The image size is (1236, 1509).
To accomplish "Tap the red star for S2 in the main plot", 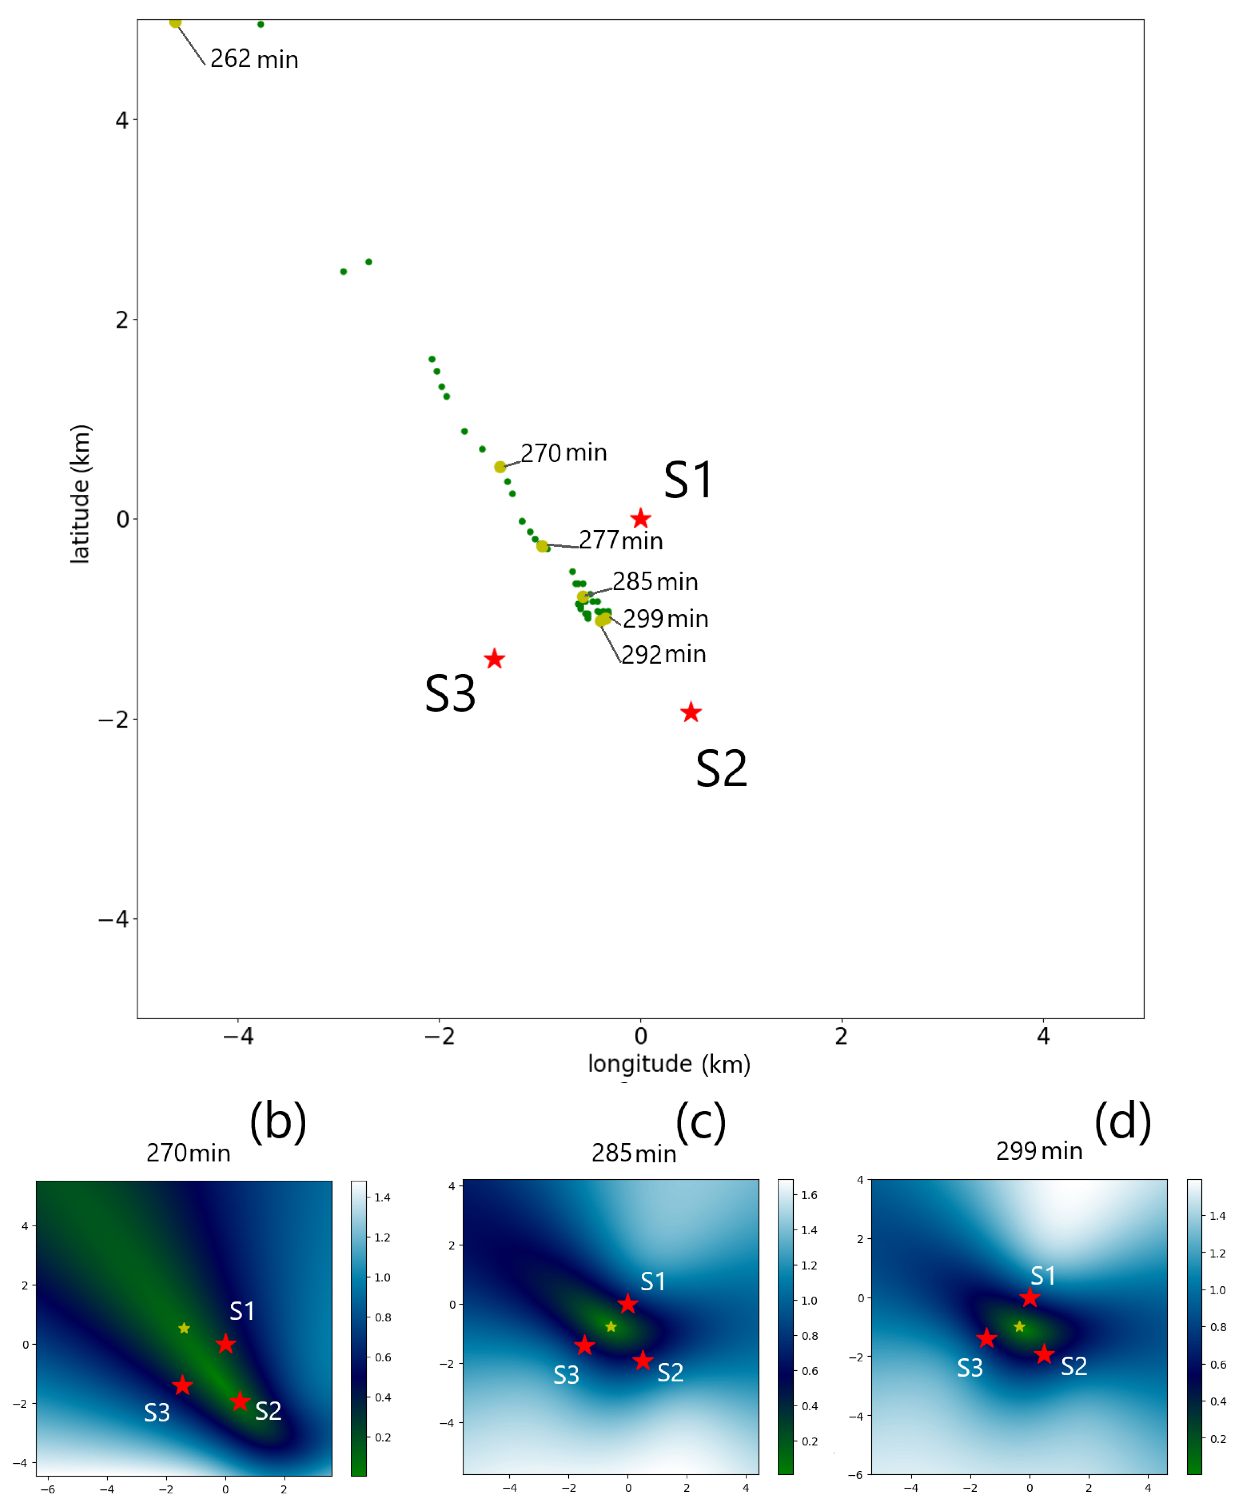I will click(691, 712).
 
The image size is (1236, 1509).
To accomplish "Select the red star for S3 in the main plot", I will click(494, 659).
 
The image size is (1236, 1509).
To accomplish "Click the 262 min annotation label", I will click(254, 59).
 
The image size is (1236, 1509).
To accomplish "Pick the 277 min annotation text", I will click(621, 540).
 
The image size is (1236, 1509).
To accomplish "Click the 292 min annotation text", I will click(664, 654).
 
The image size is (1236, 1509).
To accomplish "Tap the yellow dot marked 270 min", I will click(500, 467).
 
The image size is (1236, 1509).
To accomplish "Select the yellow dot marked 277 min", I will click(542, 546).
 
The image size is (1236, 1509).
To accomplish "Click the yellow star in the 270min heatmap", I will click(184, 1328).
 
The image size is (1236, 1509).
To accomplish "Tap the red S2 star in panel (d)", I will click(1044, 1354).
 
